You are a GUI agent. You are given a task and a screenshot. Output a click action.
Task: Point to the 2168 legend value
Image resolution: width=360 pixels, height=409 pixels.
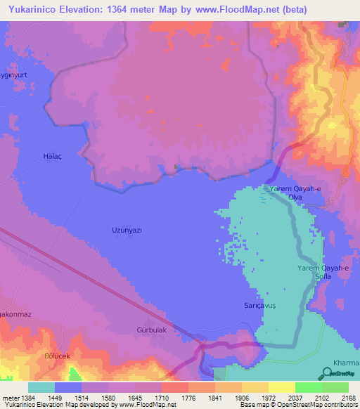[x=347, y=397]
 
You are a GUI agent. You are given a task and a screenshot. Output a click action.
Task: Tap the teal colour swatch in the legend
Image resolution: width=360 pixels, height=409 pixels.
[x=41, y=387]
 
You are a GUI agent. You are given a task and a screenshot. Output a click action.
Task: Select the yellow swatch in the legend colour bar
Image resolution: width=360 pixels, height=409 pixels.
[x=281, y=387]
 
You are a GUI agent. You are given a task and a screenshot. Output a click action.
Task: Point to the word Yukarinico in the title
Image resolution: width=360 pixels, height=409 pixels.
[x=32, y=10]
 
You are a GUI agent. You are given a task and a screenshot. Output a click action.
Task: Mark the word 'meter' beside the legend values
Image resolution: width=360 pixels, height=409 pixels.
[x=11, y=397]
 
